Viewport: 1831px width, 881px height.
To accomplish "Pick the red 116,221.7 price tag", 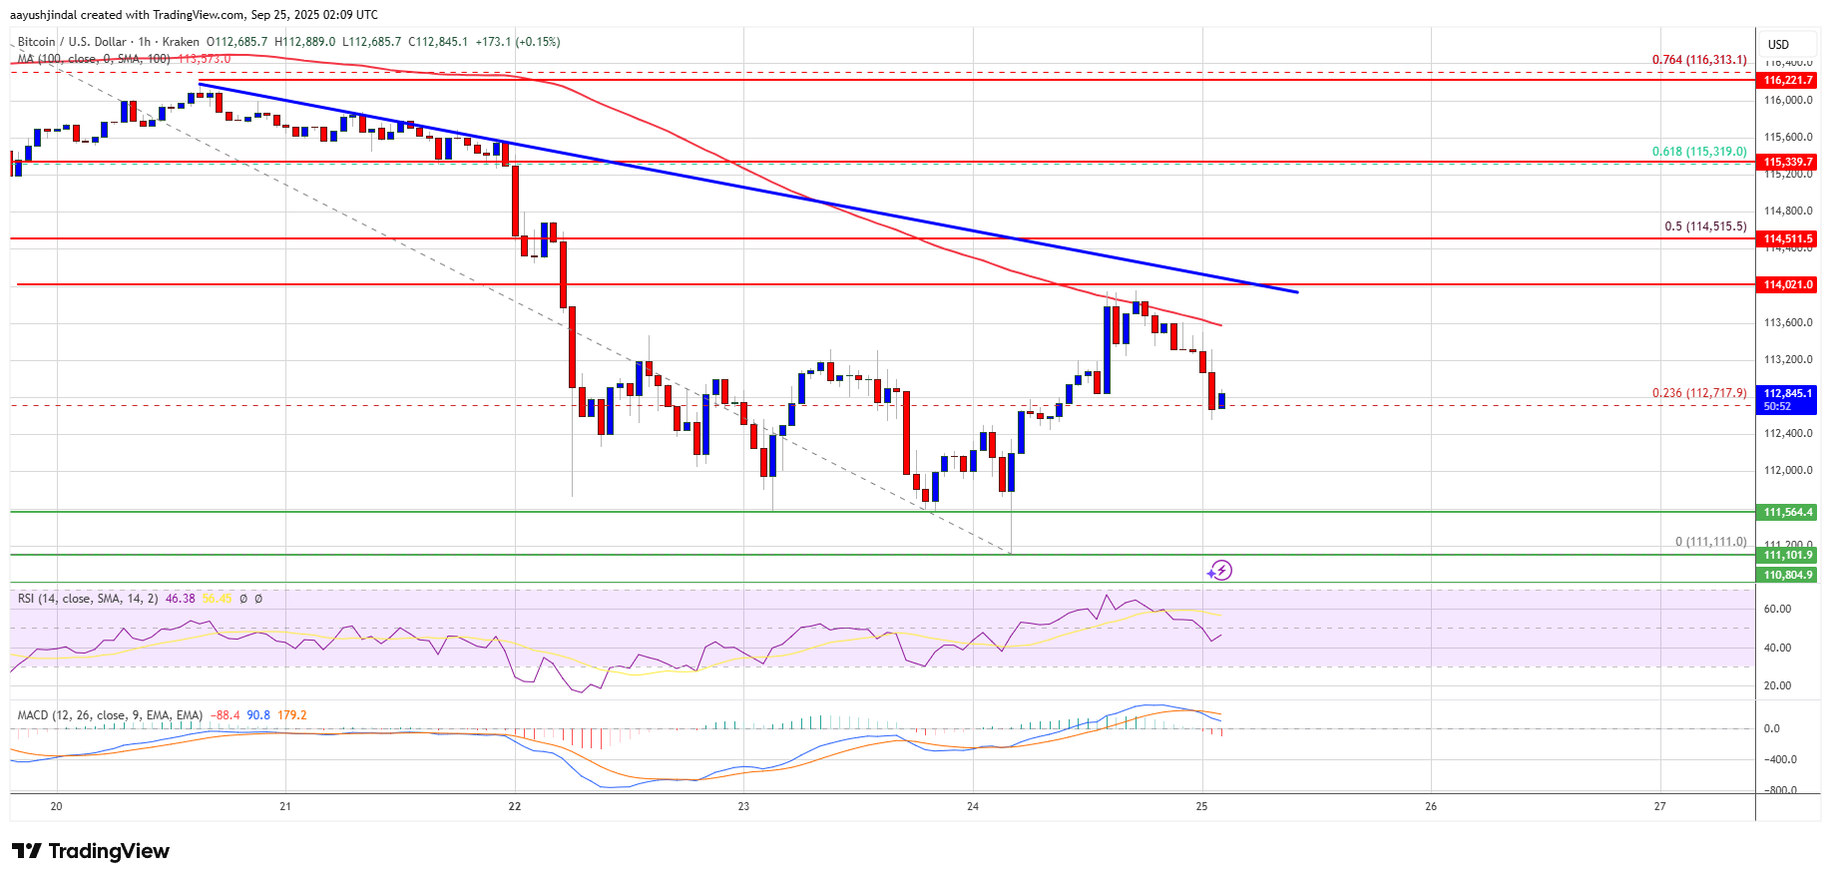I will click(x=1787, y=80).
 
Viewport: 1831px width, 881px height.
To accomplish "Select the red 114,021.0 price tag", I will click(x=1787, y=285).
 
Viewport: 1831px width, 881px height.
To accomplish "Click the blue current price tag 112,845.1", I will click(x=1787, y=399).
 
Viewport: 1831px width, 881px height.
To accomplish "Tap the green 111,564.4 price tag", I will click(x=1787, y=512).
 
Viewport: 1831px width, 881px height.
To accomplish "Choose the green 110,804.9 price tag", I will click(x=1787, y=575).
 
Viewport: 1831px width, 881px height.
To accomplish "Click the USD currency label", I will click(x=1778, y=45).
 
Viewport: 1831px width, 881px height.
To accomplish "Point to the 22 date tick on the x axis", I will click(x=515, y=806).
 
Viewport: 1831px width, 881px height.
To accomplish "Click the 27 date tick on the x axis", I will click(x=1659, y=806).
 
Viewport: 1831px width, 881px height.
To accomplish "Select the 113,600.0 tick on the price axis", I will click(x=1787, y=322).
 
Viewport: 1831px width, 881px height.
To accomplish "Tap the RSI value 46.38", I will click(x=180, y=599).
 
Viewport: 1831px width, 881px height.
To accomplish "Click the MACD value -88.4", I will click(x=228, y=715).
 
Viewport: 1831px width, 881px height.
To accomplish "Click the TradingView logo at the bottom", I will click(x=91, y=851).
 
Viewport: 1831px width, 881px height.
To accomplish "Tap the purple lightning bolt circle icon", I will click(x=1219, y=571).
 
